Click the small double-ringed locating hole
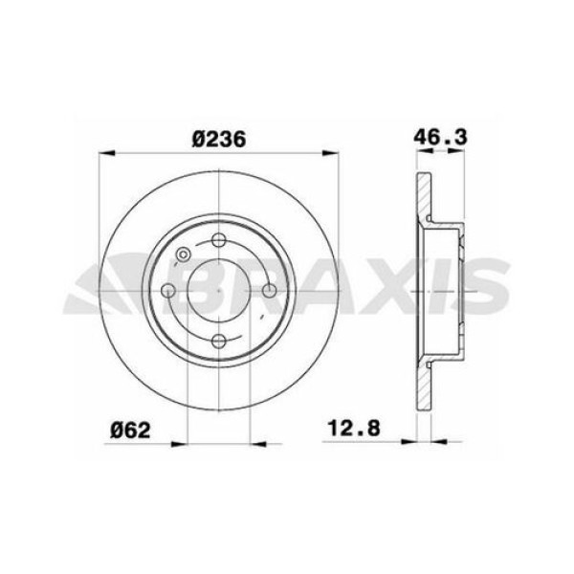pyautogui.click(x=183, y=255)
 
